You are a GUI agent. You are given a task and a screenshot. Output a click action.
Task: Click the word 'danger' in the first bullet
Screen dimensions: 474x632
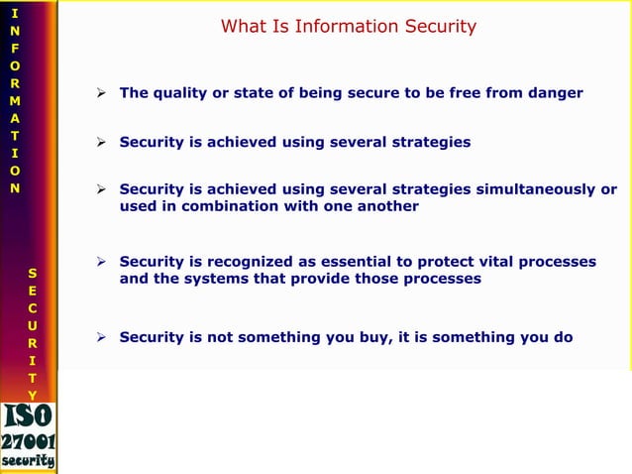[x=556, y=93]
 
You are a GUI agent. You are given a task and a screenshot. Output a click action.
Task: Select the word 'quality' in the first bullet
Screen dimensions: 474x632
[x=179, y=93]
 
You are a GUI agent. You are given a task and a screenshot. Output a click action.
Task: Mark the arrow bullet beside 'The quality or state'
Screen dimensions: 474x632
[x=101, y=94]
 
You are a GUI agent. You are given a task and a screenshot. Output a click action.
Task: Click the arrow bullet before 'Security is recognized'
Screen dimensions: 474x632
[x=101, y=263]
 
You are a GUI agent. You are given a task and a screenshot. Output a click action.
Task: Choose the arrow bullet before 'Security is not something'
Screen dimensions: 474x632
[x=101, y=338]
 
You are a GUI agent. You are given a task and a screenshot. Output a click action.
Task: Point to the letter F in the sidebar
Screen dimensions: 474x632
[x=13, y=50]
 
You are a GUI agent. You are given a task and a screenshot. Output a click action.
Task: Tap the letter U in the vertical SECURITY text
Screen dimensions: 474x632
[x=33, y=325]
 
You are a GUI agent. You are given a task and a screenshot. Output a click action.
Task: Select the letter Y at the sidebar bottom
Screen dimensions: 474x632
[x=33, y=396]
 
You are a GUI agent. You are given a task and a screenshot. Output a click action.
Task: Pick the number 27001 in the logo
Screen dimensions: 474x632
[x=29, y=442]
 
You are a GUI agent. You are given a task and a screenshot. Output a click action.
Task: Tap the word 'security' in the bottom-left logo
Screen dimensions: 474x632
[x=29, y=461]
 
